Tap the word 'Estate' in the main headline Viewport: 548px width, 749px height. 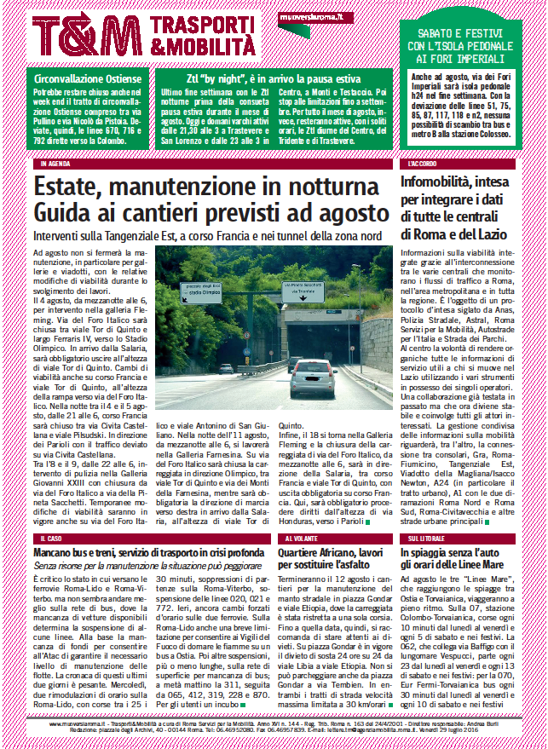click(72, 186)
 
